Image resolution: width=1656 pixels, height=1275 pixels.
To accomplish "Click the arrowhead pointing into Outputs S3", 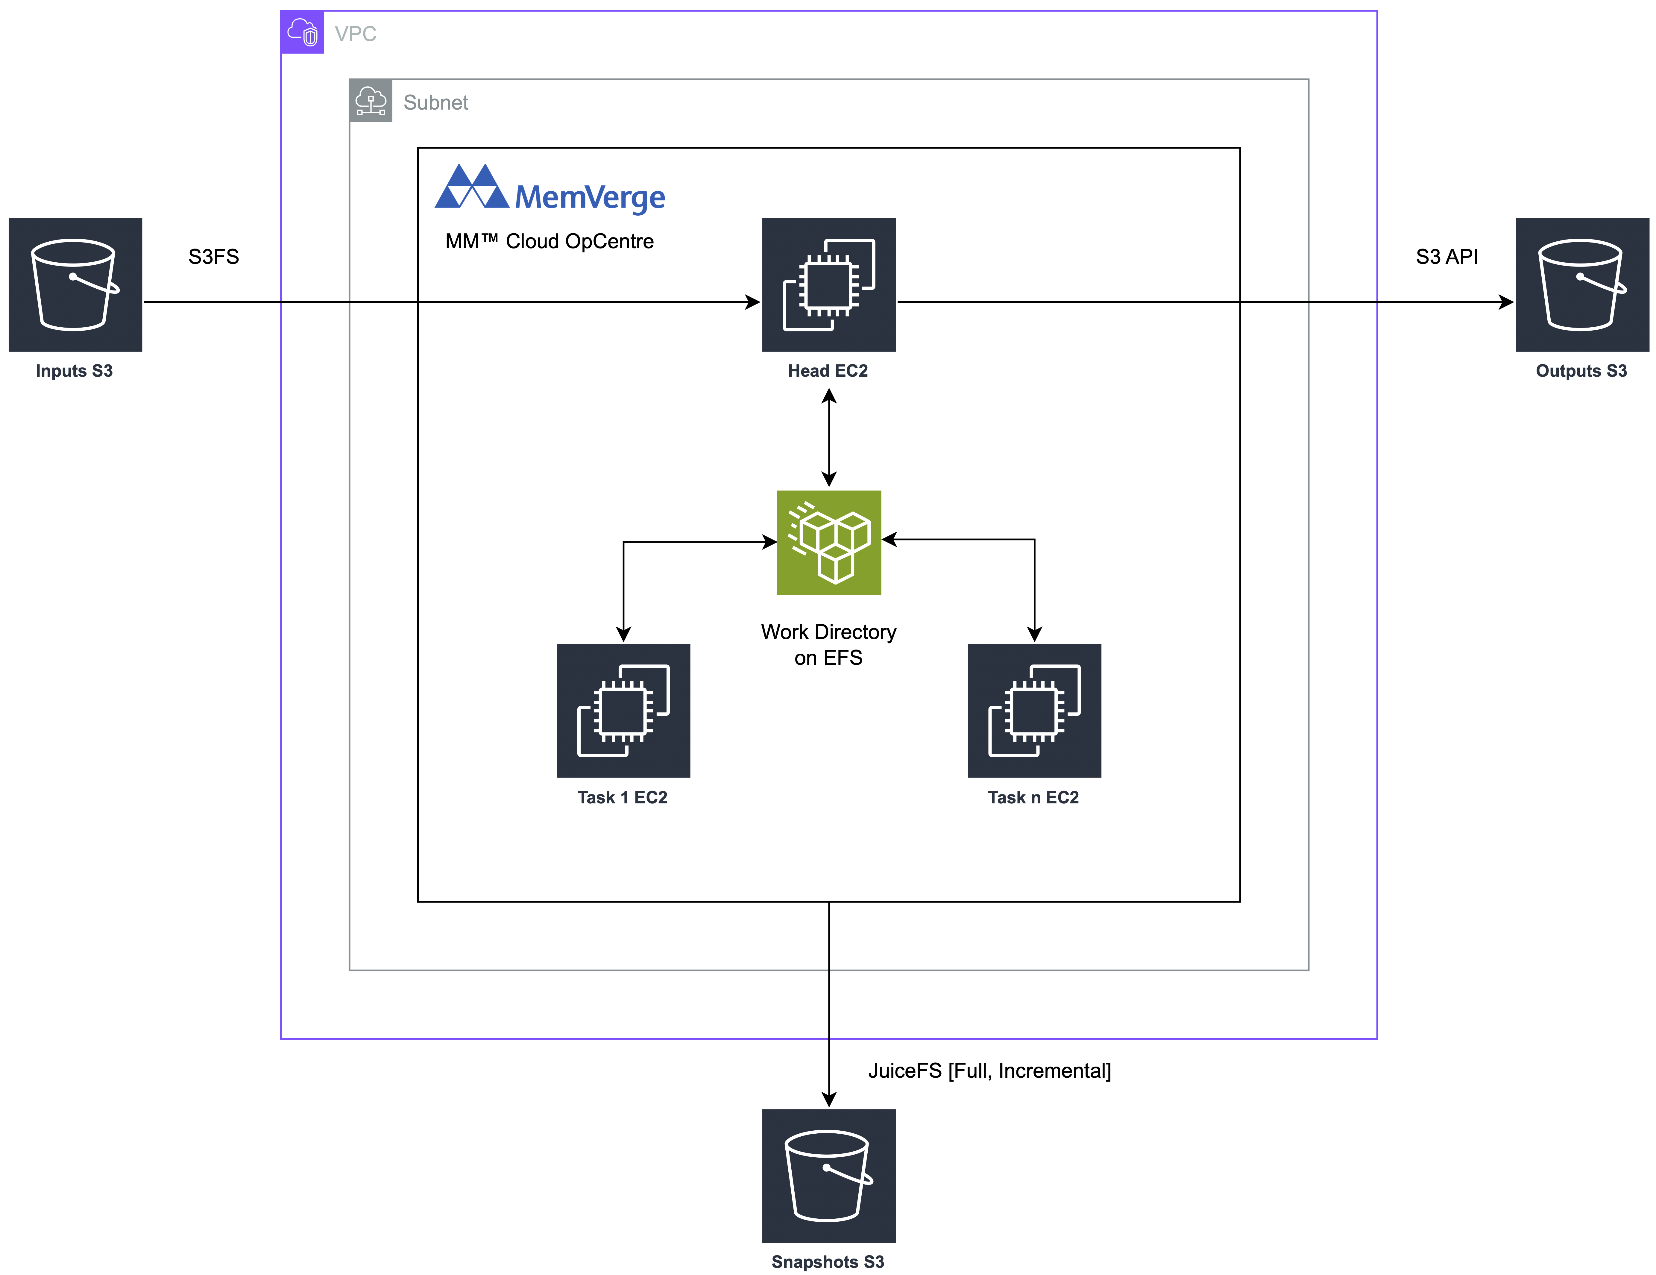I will pos(1506,302).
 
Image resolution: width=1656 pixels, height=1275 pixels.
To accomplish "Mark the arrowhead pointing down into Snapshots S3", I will pos(829,1099).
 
